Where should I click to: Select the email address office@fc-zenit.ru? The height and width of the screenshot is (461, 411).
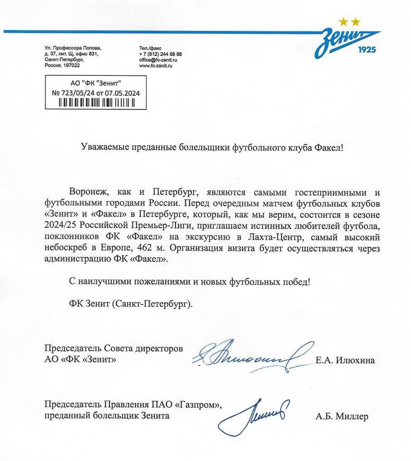[158, 60]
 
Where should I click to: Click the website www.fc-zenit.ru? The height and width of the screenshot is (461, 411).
[156, 66]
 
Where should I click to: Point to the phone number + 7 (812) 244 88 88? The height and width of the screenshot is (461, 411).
[160, 54]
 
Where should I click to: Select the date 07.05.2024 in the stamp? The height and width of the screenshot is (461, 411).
[122, 93]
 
